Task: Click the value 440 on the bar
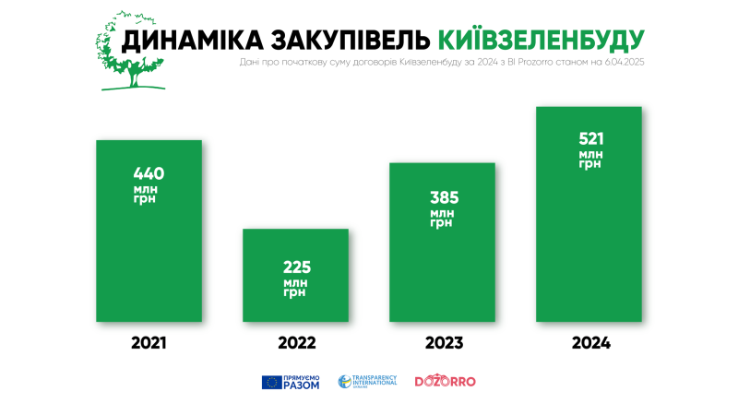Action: (x=149, y=172)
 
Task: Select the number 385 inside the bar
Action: (x=443, y=197)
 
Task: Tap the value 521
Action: (x=590, y=138)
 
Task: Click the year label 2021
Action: (x=149, y=343)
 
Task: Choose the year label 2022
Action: (x=295, y=343)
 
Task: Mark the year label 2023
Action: (x=443, y=343)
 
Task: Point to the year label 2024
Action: (x=590, y=343)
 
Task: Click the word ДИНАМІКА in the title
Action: (x=192, y=40)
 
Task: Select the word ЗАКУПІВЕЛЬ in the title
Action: (x=351, y=40)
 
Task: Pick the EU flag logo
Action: (x=272, y=382)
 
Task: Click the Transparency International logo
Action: (x=367, y=382)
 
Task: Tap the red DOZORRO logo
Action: (x=445, y=382)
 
